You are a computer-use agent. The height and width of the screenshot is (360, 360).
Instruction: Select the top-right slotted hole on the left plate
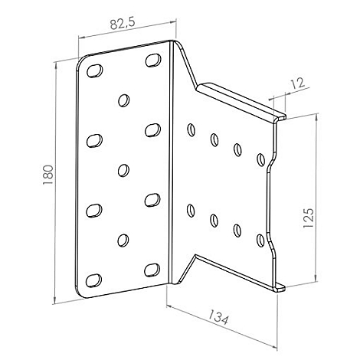click(x=153, y=60)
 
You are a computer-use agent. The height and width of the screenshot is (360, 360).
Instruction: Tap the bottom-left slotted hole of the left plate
click(x=93, y=278)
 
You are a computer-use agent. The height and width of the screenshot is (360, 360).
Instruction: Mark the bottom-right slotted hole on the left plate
click(x=152, y=269)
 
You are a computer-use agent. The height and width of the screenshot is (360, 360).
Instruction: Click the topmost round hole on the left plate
click(x=123, y=99)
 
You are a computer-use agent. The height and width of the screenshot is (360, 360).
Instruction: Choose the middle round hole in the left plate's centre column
click(x=123, y=169)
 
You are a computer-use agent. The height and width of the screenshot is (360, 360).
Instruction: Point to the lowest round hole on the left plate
click(x=122, y=240)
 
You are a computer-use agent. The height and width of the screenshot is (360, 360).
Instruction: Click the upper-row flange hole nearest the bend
click(x=190, y=129)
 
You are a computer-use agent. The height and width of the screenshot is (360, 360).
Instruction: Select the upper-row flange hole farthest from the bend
click(x=261, y=159)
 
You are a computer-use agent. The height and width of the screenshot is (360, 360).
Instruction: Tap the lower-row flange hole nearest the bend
click(x=189, y=207)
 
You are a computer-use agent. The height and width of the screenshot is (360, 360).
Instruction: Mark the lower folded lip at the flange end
click(x=279, y=286)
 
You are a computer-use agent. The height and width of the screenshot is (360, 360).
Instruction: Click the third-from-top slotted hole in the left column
click(x=94, y=208)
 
